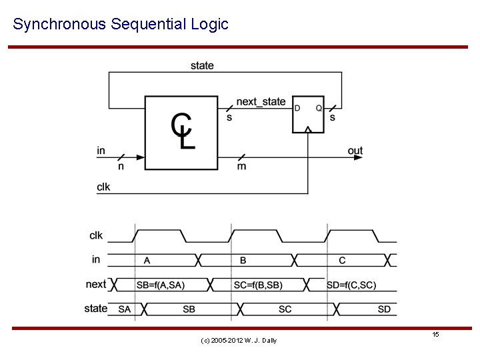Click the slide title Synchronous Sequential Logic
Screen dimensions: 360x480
coord(121,25)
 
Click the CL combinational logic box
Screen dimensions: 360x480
coord(181,133)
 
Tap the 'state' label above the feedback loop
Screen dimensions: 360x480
coord(202,65)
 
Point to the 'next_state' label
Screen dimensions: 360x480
coord(261,102)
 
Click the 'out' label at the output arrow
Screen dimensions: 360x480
coord(355,151)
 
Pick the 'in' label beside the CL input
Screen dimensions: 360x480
coord(101,151)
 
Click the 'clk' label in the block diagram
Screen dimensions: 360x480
coord(103,187)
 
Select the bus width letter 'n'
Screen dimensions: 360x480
coord(121,166)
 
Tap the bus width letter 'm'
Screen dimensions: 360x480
coord(241,166)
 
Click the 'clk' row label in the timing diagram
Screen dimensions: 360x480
coord(96,235)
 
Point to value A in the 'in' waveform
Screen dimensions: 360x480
coord(147,260)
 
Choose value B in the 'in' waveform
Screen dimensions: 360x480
coord(243,260)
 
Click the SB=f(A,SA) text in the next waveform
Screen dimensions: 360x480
coord(161,285)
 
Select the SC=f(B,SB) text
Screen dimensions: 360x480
coord(258,285)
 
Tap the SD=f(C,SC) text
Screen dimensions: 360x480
coord(351,285)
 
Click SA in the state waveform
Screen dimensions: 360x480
coord(125,309)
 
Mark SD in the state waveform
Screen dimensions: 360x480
coord(384,309)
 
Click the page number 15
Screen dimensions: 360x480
coord(435,334)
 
